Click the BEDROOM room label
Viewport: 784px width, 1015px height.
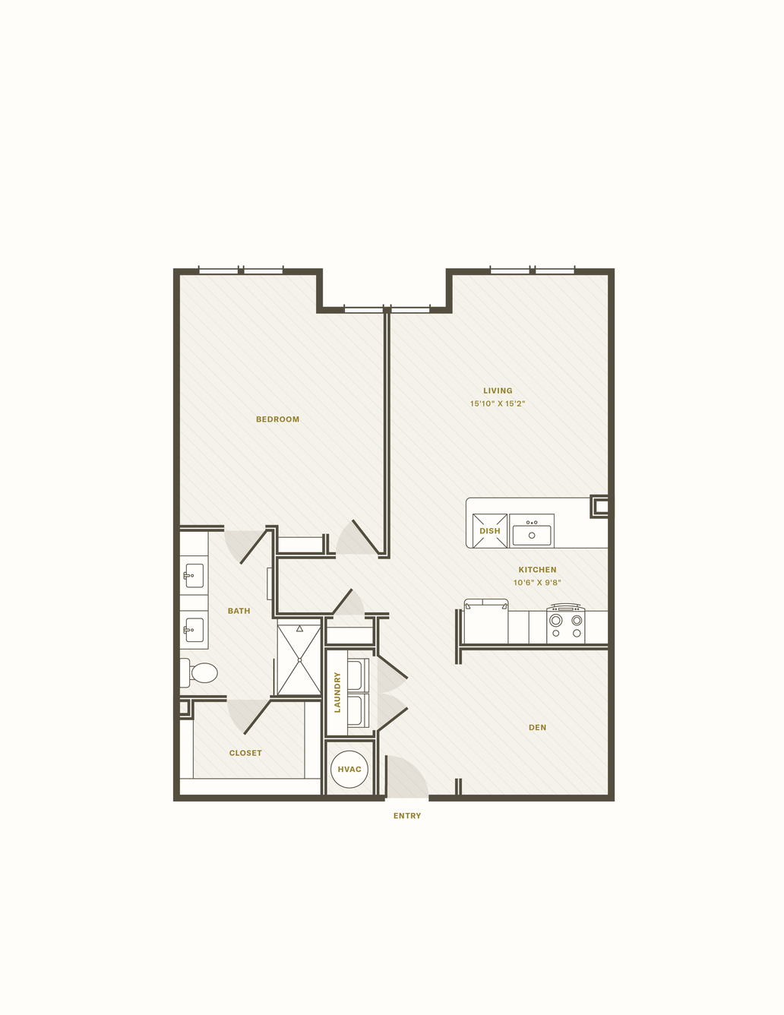coord(277,419)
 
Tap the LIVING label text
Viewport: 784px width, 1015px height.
coord(498,391)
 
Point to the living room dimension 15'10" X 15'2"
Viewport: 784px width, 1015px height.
coord(498,403)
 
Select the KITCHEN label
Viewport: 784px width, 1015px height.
coord(537,569)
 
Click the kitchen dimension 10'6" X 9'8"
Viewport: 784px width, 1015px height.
coord(537,583)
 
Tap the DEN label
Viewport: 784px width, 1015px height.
coord(537,727)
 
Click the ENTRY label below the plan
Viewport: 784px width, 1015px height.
coord(407,815)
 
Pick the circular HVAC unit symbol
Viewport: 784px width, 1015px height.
coord(349,770)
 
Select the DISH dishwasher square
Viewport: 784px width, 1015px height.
coord(490,530)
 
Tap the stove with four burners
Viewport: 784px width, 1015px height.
coord(566,624)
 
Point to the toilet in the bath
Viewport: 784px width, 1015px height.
coord(199,673)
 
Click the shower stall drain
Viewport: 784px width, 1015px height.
coord(299,660)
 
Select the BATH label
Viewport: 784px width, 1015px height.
coord(239,611)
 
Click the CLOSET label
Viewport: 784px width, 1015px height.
coord(245,753)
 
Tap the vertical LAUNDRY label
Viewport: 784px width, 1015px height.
coord(337,692)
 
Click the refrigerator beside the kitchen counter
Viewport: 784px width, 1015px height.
coord(486,621)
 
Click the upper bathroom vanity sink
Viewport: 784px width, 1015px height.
coord(194,575)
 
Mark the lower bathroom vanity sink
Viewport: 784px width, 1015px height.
coord(194,630)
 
